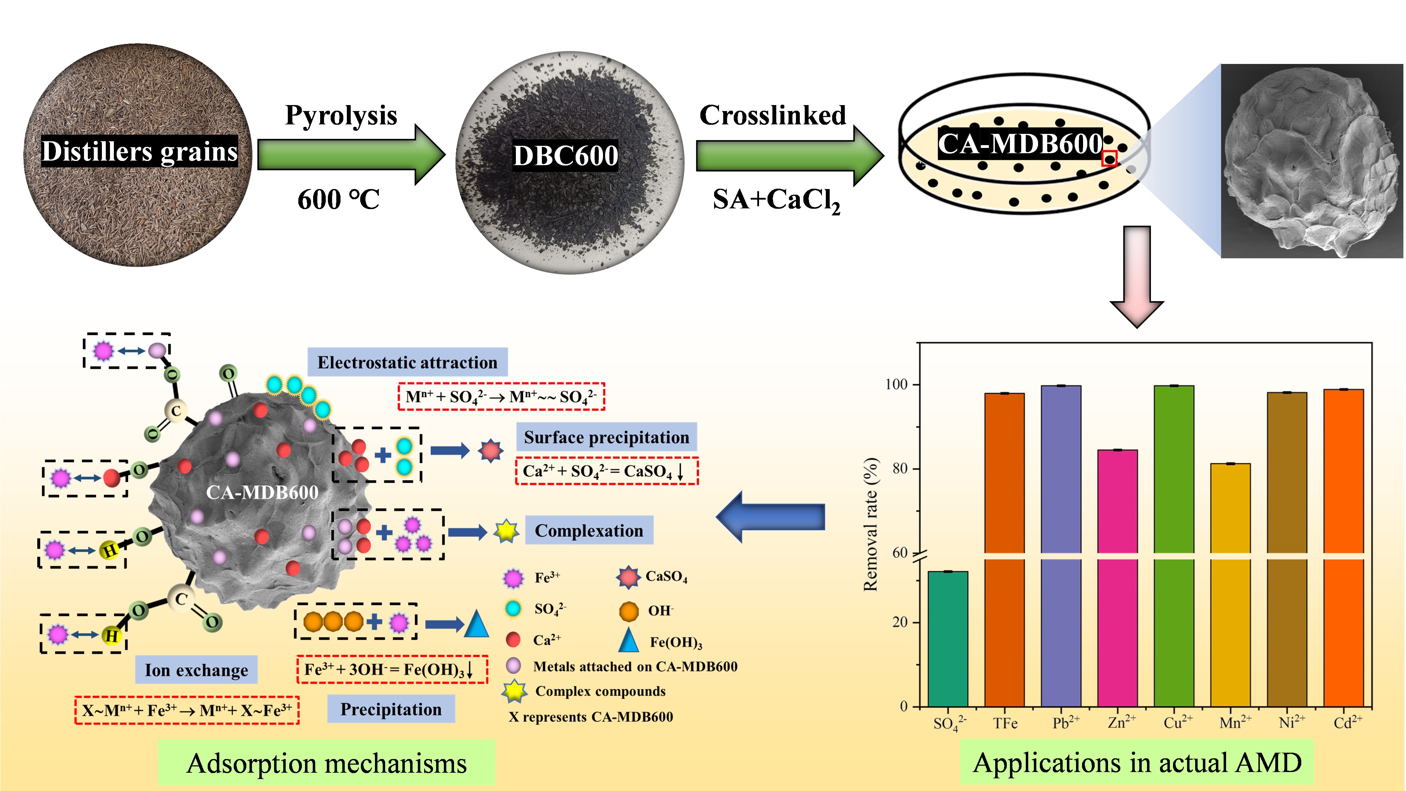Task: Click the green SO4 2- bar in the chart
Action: pyautogui.click(x=947, y=639)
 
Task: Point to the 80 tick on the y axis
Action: pyautogui.click(x=900, y=468)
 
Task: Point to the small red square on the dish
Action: pyautogui.click(x=1109, y=159)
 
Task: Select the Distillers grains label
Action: pyautogui.click(x=140, y=151)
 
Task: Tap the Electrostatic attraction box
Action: pyautogui.click(x=407, y=362)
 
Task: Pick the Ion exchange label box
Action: pyautogui.click(x=196, y=669)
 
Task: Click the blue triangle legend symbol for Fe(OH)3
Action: pyautogui.click(x=629, y=640)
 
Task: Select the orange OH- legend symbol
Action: pyautogui.click(x=629, y=611)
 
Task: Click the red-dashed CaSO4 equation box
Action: pyautogui.click(x=607, y=471)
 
